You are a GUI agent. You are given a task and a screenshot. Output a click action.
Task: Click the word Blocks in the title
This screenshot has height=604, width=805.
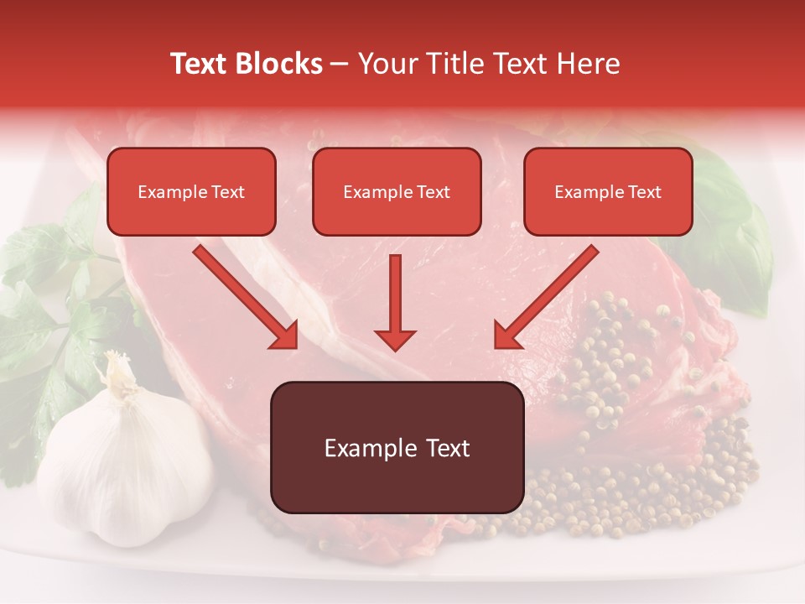coord(280,64)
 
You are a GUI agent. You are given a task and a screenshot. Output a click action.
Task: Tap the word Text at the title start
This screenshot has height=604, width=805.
coord(200,64)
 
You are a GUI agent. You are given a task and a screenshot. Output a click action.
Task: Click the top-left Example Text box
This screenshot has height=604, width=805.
coord(191,192)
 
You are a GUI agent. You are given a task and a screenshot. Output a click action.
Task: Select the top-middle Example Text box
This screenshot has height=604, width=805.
coord(397,192)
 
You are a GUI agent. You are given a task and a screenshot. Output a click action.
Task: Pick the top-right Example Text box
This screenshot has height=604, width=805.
coord(608,192)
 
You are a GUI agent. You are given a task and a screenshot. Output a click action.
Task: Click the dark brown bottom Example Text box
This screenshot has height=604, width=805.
coord(397,448)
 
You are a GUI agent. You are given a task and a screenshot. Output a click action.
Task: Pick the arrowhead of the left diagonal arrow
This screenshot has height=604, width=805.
coord(284,336)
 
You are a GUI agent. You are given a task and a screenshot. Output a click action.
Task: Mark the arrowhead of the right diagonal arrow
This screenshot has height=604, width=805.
coord(507,336)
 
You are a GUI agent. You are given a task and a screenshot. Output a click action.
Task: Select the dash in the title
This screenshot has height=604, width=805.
coord(340,65)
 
